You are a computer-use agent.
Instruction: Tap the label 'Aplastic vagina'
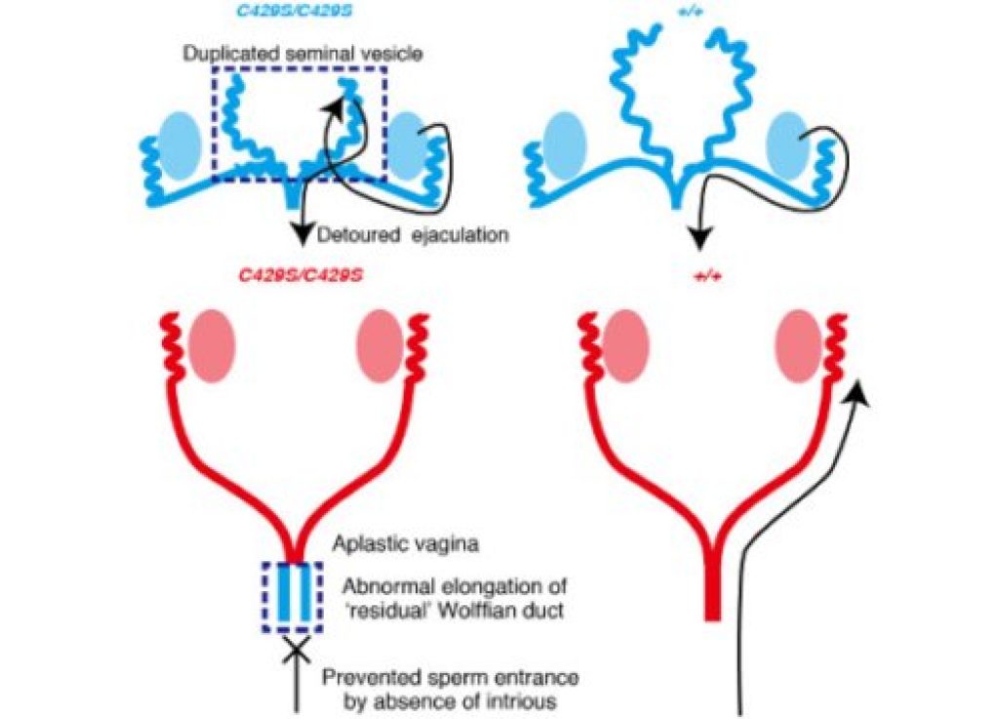click(403, 546)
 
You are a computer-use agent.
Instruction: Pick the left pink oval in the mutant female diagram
click(212, 346)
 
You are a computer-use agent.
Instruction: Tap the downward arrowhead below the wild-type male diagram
click(703, 234)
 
